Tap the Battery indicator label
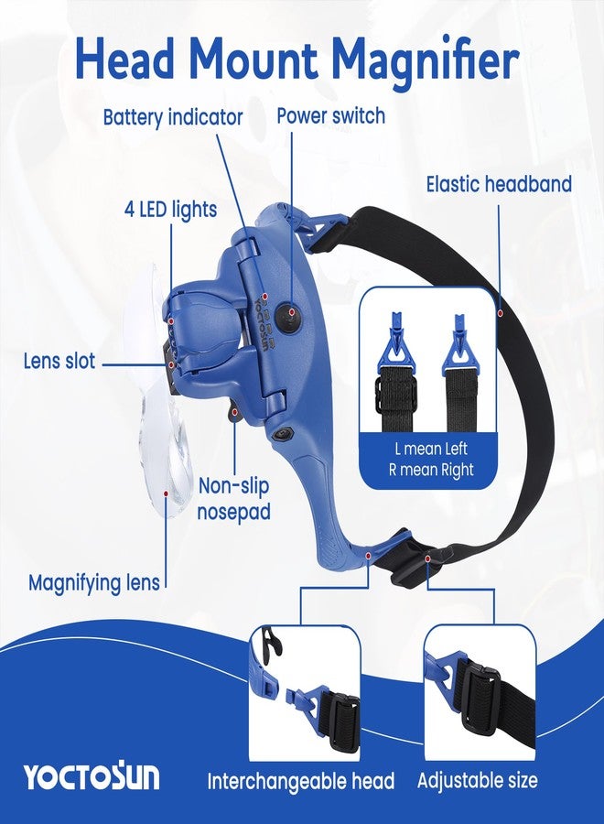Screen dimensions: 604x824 173,116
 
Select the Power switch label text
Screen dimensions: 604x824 331,115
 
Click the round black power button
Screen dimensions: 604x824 289,318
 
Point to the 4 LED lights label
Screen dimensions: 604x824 171,209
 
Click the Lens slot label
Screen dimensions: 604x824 59,362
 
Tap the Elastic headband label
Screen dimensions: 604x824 499,184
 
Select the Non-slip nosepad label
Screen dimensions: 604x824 233,499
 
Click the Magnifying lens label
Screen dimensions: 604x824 94,583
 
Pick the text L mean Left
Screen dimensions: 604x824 431,449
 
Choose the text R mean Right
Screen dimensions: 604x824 431,470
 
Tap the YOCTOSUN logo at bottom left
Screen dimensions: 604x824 91,775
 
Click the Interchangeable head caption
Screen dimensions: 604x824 301,781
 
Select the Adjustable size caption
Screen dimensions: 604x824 478,780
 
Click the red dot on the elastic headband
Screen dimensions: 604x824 501,313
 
